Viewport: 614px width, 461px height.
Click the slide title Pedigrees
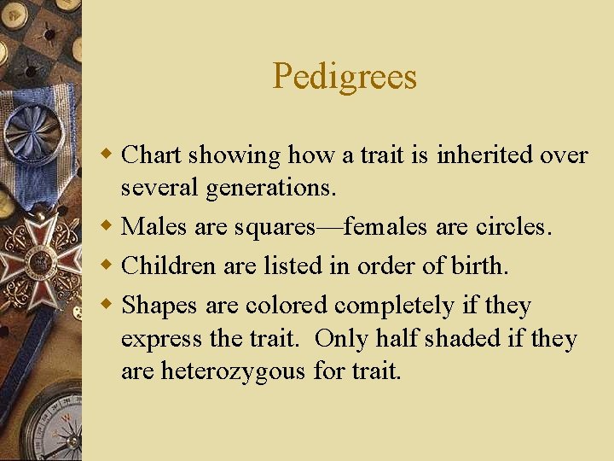click(345, 77)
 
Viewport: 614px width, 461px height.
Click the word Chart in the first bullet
click(152, 155)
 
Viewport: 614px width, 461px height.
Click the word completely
click(409, 305)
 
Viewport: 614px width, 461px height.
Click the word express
click(157, 340)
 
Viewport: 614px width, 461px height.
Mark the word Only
click(340, 338)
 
